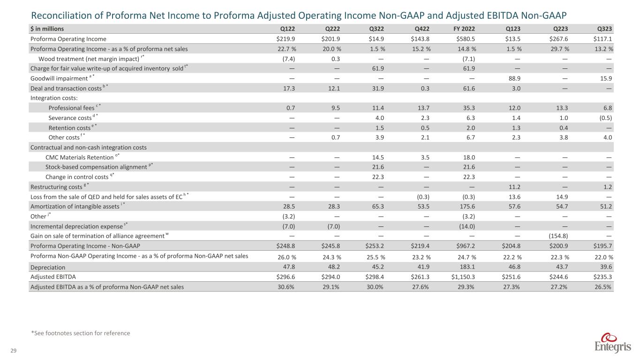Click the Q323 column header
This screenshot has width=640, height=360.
[605, 29]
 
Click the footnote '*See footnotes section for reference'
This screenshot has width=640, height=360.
[80, 333]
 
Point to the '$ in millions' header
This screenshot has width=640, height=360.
[47, 29]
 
